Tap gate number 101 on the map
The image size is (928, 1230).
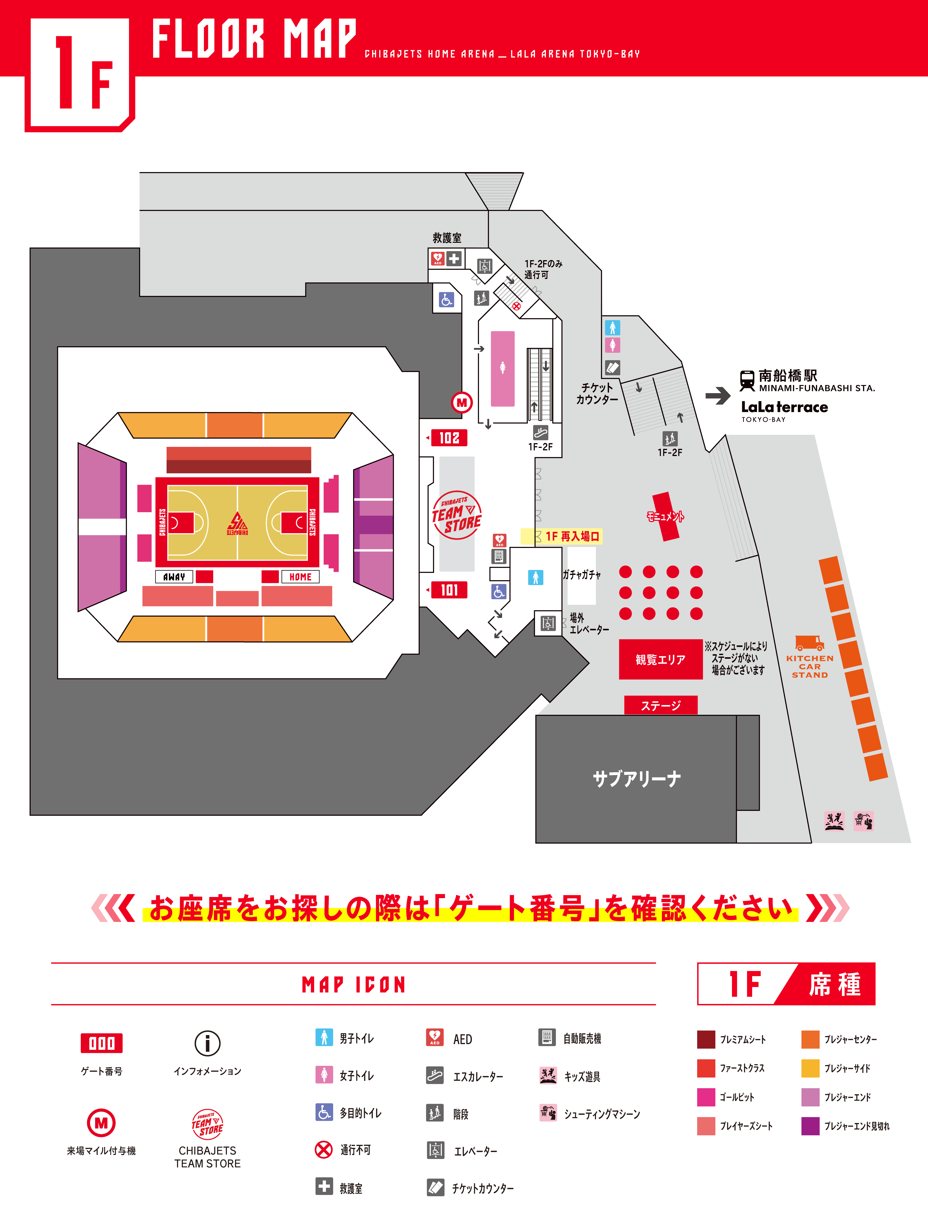coord(449,590)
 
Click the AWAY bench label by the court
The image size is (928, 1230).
coord(174,577)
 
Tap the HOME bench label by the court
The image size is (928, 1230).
coord(300,577)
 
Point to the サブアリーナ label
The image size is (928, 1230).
coord(637,778)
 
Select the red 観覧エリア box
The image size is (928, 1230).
coord(661,660)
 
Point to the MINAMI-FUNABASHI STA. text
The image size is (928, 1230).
coord(817,388)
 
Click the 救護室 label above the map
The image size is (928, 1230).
coord(447,238)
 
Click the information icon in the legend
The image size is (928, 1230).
coord(207,1043)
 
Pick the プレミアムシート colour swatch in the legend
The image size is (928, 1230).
coord(706,1039)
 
